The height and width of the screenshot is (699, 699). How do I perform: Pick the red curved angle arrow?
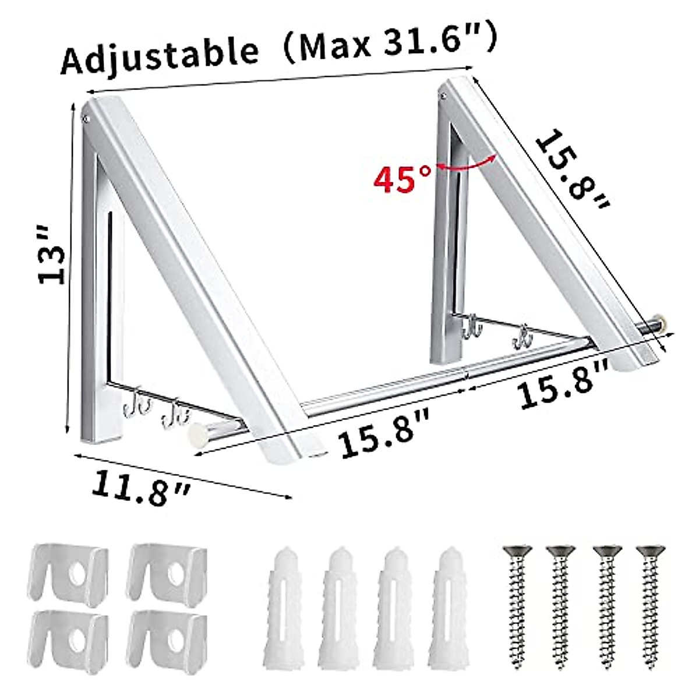(466, 164)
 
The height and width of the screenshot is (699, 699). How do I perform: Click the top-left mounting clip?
(69, 574)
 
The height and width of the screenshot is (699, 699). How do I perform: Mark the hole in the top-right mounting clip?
(175, 573)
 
